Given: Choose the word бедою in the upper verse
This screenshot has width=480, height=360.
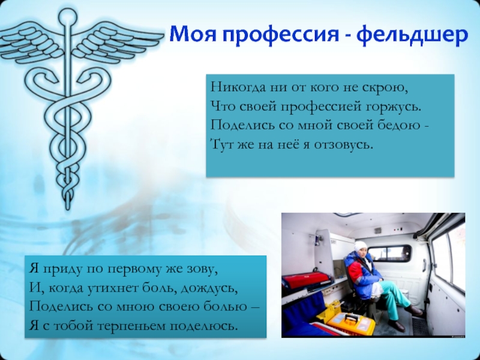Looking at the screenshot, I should (x=403, y=125).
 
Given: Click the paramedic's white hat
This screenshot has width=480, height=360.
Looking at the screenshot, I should (x=361, y=246).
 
